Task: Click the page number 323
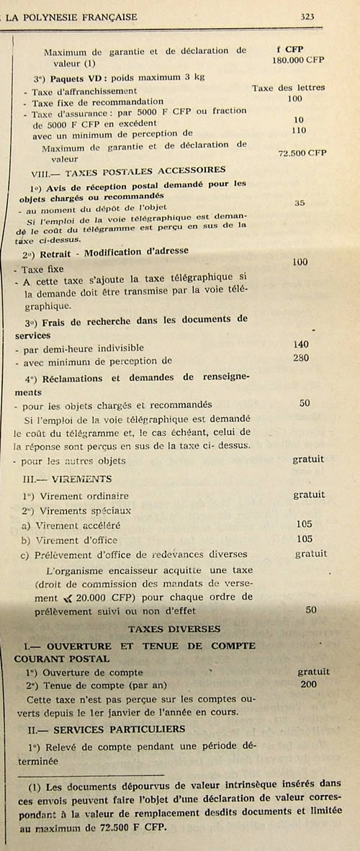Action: tap(310, 14)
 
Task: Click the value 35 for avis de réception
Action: tap(300, 203)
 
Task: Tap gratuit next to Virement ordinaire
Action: tap(308, 495)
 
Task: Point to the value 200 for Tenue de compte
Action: tap(308, 684)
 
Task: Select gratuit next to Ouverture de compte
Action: tap(313, 671)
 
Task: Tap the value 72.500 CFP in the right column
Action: tap(302, 154)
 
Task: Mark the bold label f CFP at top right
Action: tap(289, 49)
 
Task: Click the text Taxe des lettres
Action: tap(288, 88)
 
